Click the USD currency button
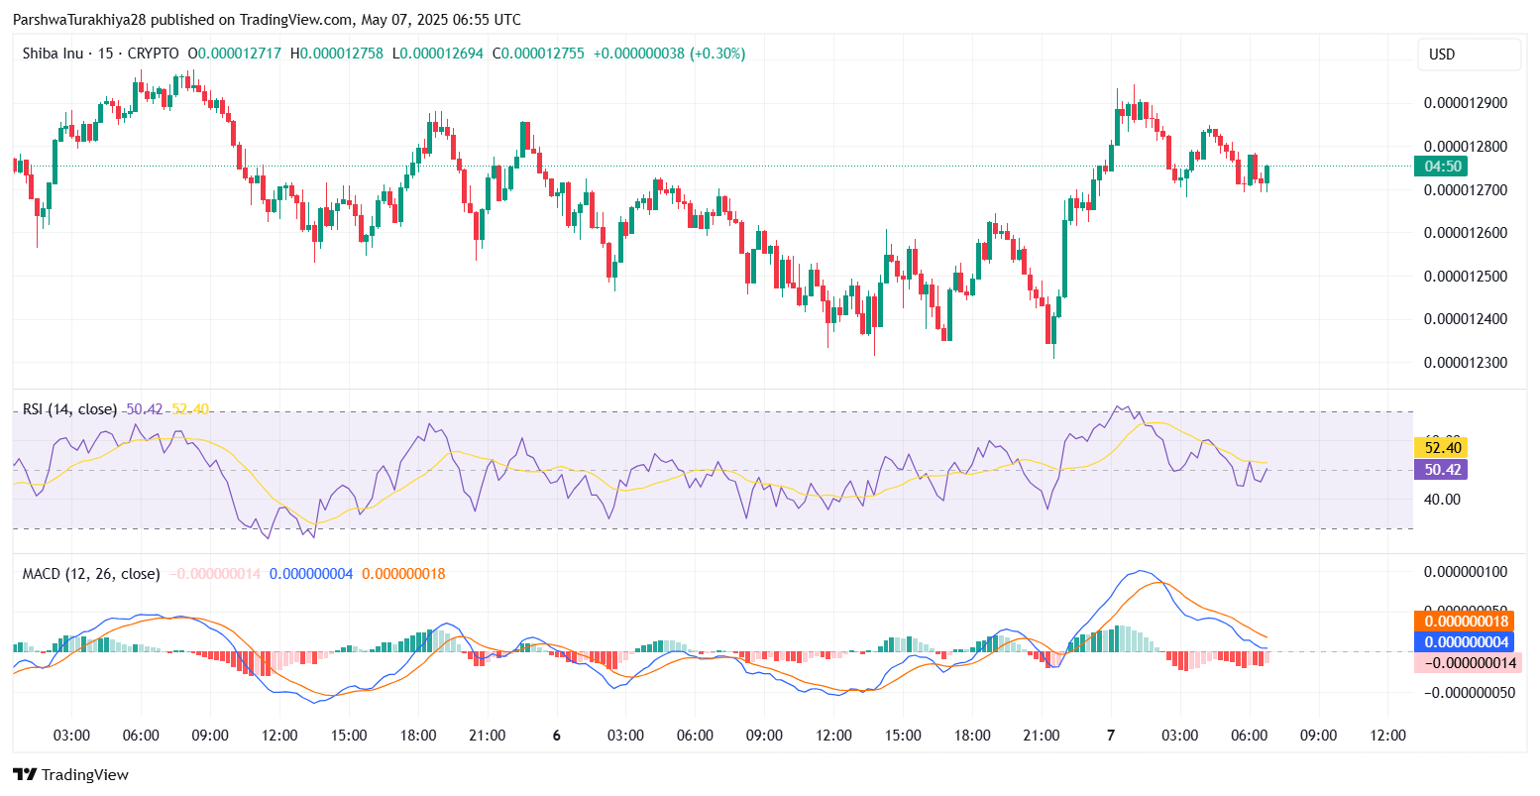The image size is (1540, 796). click(x=1469, y=55)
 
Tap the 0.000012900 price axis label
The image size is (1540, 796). click(x=1465, y=103)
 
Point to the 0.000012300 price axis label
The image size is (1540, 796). click(x=1465, y=363)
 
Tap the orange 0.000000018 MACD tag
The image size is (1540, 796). click(x=1465, y=622)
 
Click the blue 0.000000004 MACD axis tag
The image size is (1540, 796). click(x=1465, y=641)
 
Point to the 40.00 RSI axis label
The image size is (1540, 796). click(x=1443, y=499)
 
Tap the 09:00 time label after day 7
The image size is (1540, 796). click(x=1318, y=736)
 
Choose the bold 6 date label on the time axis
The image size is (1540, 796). click(x=557, y=736)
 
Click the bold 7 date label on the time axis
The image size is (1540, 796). click(x=1111, y=736)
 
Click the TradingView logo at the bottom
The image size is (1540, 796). click(x=71, y=775)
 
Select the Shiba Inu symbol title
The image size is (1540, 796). click(x=54, y=54)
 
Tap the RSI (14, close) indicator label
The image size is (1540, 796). click(x=69, y=409)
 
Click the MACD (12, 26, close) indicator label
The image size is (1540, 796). click(x=91, y=574)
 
